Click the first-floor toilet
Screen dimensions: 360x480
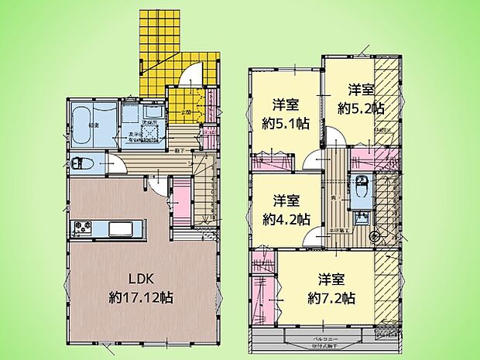82,164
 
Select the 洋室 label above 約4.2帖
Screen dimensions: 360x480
282,199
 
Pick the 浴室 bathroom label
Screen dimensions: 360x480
91,124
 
